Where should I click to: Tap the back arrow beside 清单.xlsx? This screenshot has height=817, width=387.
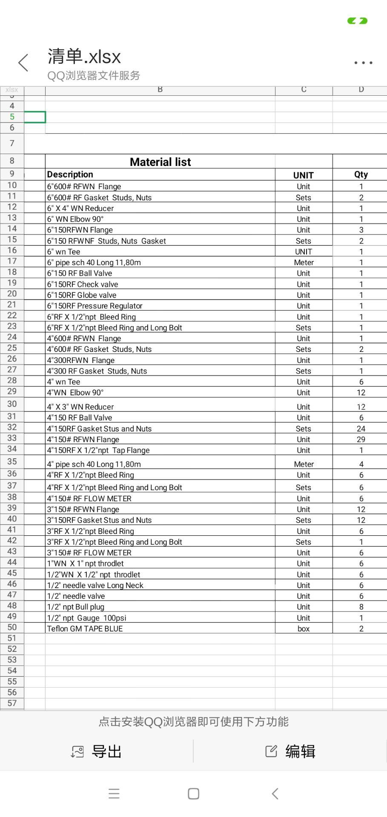click(x=23, y=63)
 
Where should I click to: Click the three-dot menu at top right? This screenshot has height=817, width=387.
click(x=363, y=63)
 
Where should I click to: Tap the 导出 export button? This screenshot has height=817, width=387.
click(x=97, y=751)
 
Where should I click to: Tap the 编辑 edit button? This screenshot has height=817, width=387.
click(x=290, y=751)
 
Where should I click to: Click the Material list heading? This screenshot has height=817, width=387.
click(x=160, y=162)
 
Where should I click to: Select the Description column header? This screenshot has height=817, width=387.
click(x=70, y=174)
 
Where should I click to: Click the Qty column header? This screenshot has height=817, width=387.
click(x=361, y=174)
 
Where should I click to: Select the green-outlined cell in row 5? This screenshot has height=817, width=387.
click(x=35, y=117)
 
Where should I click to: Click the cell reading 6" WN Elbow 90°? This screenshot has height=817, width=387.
click(x=75, y=219)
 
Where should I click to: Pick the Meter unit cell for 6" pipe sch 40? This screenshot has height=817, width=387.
click(x=304, y=263)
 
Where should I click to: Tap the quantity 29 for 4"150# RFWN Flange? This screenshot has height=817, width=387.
click(x=361, y=440)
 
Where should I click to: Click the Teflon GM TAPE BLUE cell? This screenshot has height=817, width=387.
click(x=85, y=628)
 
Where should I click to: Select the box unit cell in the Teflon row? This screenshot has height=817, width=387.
click(x=304, y=628)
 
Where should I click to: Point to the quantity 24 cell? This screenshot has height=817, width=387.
click(x=361, y=428)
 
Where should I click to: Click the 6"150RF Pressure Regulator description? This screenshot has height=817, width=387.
click(x=95, y=306)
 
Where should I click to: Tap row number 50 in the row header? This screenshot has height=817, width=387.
click(x=12, y=628)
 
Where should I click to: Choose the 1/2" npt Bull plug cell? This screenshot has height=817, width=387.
click(x=76, y=607)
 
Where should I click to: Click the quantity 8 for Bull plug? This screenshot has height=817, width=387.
click(x=361, y=607)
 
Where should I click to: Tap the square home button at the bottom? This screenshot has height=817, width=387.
click(x=194, y=794)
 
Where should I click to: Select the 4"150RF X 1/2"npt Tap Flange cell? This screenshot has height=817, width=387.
click(x=98, y=450)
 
